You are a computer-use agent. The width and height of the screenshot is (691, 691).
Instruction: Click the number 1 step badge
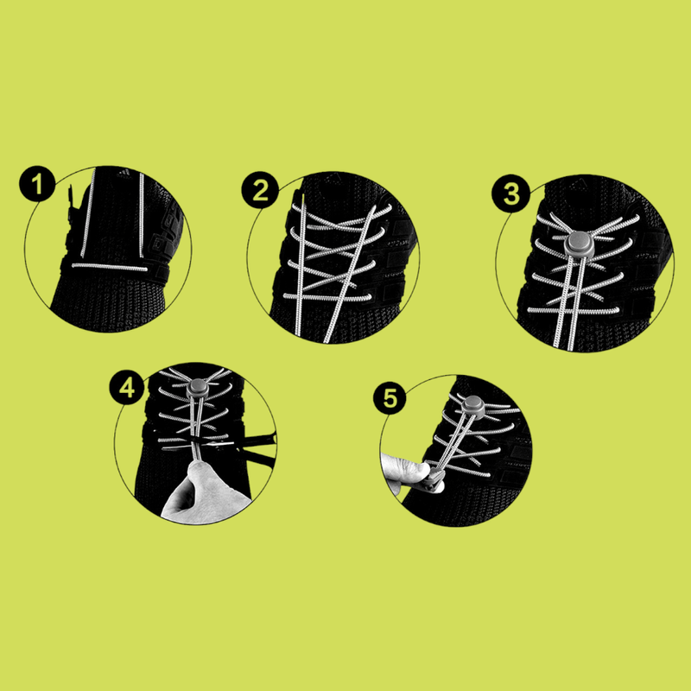coord(37,184)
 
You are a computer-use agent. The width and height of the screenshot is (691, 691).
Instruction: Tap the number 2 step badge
coord(260,190)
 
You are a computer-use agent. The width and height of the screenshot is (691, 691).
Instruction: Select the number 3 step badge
coord(510,193)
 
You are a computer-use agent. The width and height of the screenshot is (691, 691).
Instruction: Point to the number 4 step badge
coord(127,388)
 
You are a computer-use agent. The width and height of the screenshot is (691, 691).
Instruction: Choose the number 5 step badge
coord(390,398)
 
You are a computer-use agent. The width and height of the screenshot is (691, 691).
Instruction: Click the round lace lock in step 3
coord(580,244)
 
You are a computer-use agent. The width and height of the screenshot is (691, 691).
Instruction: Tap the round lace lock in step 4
coord(199,387)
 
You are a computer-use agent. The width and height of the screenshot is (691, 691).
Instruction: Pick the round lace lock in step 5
coord(473,405)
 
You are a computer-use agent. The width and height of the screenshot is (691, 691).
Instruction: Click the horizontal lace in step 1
coord(110,267)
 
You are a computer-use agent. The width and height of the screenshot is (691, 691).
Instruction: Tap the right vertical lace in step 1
coord(142,215)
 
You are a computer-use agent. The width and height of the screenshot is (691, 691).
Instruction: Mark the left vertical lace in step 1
coord(88,212)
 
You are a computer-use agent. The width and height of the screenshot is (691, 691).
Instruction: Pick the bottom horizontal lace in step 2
coord(327,297)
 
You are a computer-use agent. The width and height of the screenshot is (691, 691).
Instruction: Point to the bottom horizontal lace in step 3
coord(574,311)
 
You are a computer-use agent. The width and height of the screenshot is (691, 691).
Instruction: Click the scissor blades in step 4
coord(212,444)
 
